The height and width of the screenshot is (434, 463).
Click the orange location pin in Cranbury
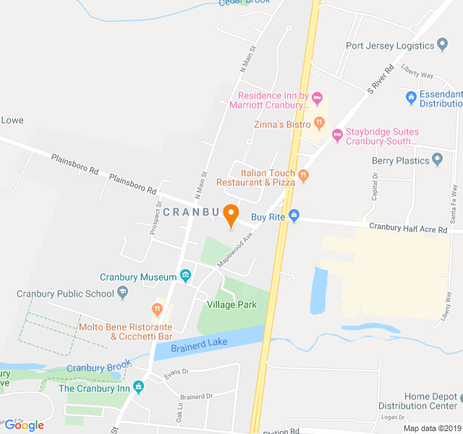(231, 215)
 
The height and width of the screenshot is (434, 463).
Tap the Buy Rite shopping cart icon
(294, 216)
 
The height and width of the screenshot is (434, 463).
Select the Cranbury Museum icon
(186, 276)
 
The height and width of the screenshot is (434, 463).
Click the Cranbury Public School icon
(122, 293)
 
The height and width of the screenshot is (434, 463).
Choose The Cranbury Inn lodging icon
(139, 388)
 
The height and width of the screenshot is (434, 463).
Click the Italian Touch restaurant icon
(304, 174)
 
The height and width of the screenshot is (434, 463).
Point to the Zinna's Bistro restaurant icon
(319, 124)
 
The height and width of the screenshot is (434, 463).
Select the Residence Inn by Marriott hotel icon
(318, 98)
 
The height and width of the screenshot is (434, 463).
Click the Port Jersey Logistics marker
(443, 46)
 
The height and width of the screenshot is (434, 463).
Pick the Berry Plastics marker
(437, 159)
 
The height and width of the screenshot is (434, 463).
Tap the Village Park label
(231, 305)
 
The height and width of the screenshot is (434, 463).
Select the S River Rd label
(379, 79)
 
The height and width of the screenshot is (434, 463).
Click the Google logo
(24, 425)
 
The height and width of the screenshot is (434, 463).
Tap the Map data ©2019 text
(431, 428)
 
